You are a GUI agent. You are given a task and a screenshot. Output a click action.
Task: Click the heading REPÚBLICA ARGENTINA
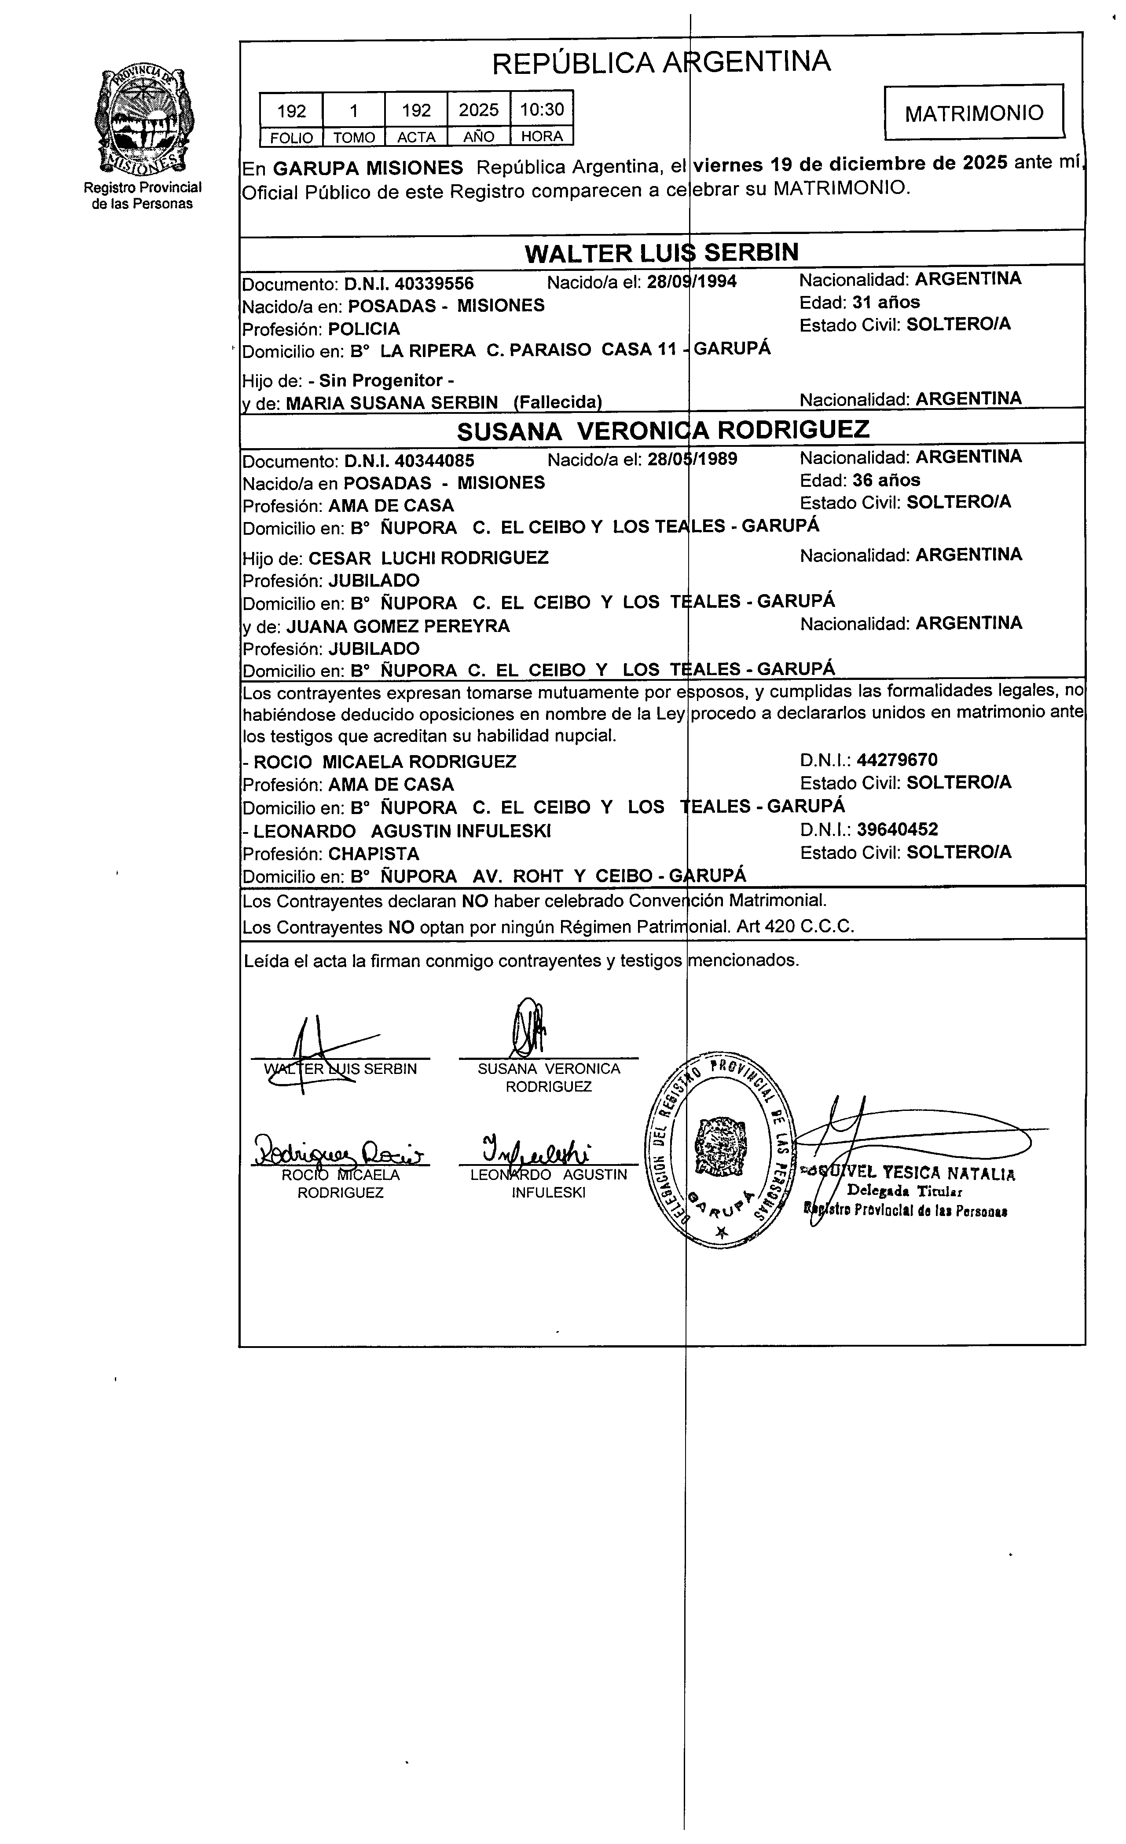(x=661, y=62)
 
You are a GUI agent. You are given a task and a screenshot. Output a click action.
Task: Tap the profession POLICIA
(x=364, y=329)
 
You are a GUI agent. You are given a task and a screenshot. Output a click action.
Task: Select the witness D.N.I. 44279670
(x=897, y=760)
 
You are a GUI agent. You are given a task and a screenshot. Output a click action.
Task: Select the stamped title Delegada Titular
(x=904, y=1191)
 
